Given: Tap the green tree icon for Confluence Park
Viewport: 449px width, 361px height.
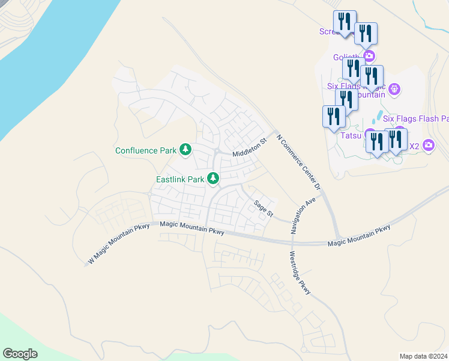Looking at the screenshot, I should (x=186, y=149).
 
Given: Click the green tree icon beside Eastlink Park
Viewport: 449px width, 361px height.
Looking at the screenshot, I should (x=212, y=178).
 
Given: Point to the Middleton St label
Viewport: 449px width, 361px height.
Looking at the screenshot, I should (x=249, y=147).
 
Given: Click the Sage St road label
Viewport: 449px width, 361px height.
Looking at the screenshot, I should (x=263, y=208).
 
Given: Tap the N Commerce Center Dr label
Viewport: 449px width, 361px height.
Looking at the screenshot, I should (x=298, y=162).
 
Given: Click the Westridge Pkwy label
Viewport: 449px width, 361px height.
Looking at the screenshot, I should (x=301, y=273).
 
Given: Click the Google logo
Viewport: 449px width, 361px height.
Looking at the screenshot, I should (x=20, y=354).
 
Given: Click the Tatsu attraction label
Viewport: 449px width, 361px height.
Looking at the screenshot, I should (x=351, y=135).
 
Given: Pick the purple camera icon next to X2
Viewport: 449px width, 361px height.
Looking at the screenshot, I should (x=428, y=145).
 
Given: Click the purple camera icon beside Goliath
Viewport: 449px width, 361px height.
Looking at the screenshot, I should (x=369, y=57).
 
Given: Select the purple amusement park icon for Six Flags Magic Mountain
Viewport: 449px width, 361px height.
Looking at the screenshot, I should (x=394, y=90).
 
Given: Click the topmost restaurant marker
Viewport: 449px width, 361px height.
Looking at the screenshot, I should (x=345, y=22).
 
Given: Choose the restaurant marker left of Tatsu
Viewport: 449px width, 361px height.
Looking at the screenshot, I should (x=334, y=117).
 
